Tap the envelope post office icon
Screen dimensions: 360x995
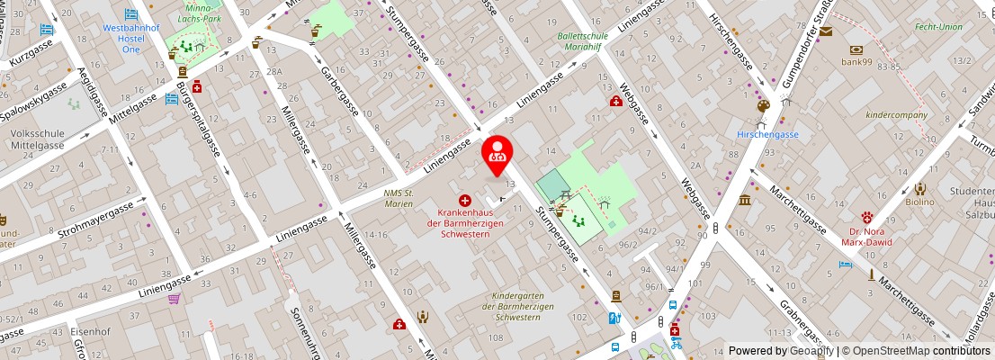(x=826, y=31)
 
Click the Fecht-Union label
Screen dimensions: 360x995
(x=938, y=26)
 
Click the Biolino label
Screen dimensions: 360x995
(x=919, y=202)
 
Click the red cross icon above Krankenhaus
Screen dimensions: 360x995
(x=465, y=200)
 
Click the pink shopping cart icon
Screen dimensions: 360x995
(x=174, y=298)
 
